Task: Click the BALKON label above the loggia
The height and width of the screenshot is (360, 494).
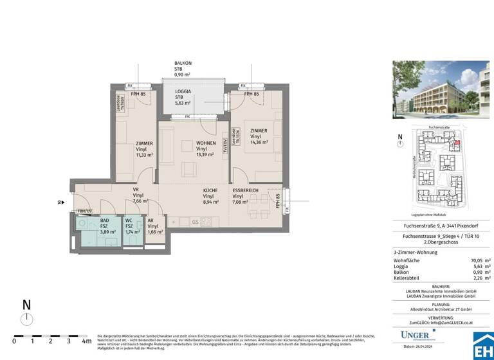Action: click(183, 63)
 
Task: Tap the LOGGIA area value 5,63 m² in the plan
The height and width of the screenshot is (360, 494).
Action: click(183, 102)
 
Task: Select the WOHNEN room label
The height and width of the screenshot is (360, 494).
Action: click(206, 143)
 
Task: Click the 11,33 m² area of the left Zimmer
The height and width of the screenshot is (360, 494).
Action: click(144, 155)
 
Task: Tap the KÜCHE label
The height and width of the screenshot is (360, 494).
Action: click(210, 191)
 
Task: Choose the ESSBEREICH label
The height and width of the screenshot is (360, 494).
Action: click(246, 191)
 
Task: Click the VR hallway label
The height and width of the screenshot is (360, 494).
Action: click(136, 190)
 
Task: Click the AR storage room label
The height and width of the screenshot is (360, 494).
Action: click(152, 220)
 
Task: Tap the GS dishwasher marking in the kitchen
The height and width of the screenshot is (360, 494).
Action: click(194, 222)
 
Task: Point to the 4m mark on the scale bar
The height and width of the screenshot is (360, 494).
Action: click(86, 341)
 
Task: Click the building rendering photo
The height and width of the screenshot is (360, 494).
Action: click(441, 89)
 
